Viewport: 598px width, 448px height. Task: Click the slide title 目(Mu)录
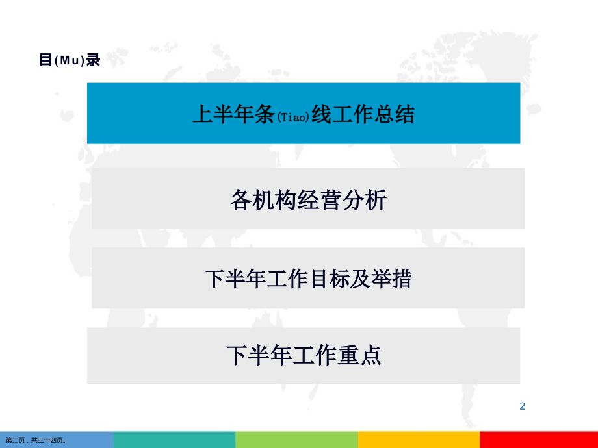(70, 60)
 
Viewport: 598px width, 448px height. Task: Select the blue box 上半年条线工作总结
(304, 113)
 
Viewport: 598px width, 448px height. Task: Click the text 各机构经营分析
(308, 199)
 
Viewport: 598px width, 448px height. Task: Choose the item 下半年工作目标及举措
(308, 279)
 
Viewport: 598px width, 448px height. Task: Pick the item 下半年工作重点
(304, 355)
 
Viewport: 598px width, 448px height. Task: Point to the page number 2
(522, 406)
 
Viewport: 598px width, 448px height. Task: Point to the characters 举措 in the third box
(391, 279)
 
